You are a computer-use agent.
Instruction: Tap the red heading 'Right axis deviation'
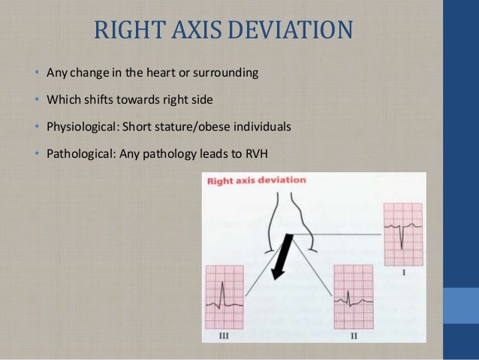click(258, 180)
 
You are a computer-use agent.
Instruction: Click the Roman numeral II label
click(353, 335)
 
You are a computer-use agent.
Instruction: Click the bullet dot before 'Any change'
click(37, 74)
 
